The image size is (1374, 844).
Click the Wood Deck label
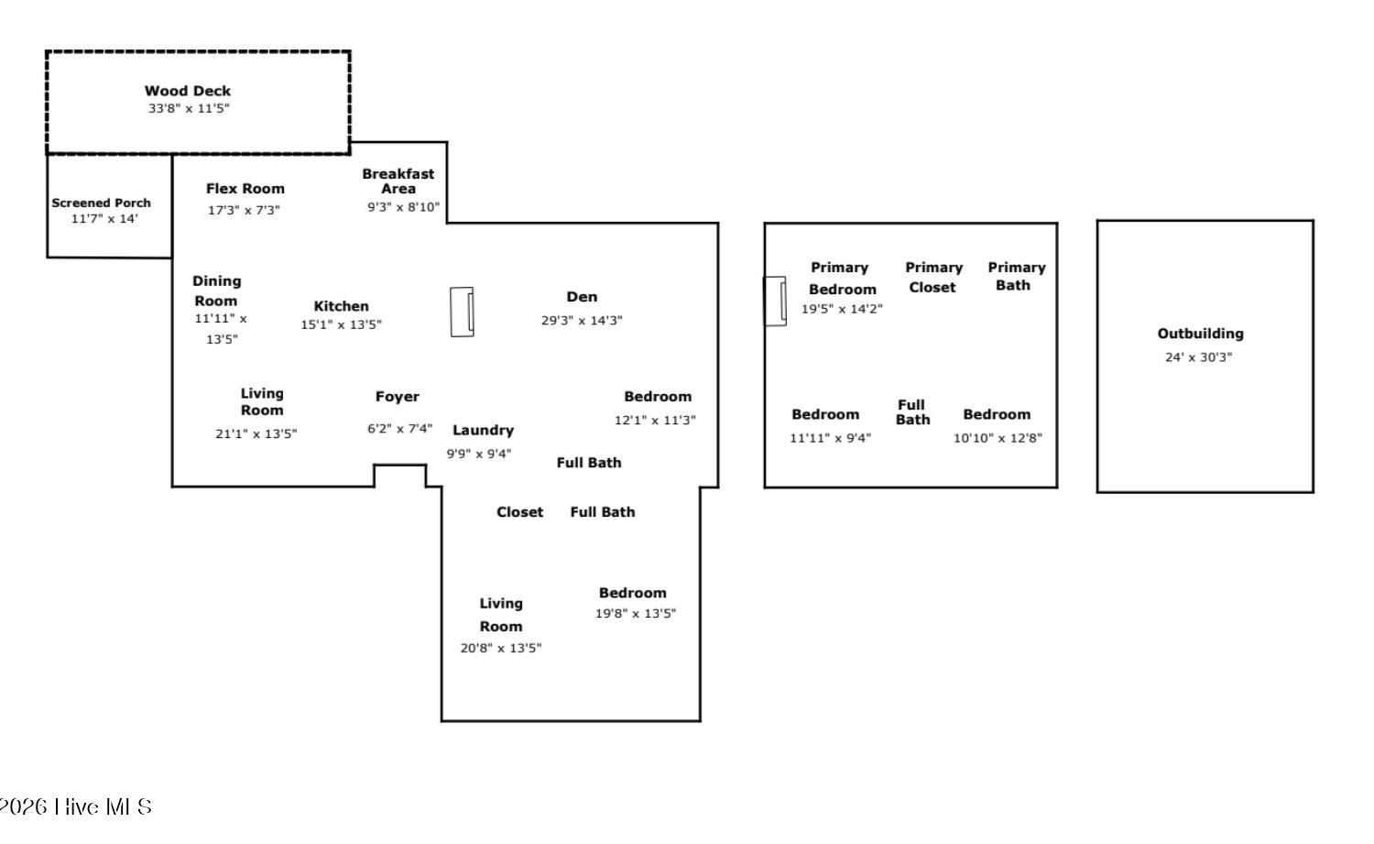pyautogui.click(x=188, y=91)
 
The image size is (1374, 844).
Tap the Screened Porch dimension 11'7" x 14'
pyautogui.click(x=104, y=218)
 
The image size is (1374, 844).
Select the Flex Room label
pyautogui.click(x=245, y=189)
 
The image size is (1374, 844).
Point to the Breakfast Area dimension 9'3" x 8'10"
pyautogui.click(x=404, y=207)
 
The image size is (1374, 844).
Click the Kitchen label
pyautogui.click(x=341, y=306)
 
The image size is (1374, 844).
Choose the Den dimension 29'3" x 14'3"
pyautogui.click(x=582, y=321)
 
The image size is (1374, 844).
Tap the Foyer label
pyautogui.click(x=398, y=397)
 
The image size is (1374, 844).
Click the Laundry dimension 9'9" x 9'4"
pyautogui.click(x=478, y=454)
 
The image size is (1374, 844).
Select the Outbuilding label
pyautogui.click(x=1200, y=334)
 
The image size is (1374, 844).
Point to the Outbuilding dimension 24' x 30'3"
pyautogui.click(x=1198, y=357)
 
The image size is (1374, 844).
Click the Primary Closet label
pyautogui.click(x=933, y=278)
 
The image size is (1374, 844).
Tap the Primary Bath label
pyautogui.click(x=1017, y=276)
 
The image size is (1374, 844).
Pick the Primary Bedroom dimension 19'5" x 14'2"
pyautogui.click(x=842, y=309)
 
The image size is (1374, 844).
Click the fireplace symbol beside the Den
pyautogui.click(x=462, y=312)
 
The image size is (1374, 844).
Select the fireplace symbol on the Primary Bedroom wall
pyautogui.click(x=775, y=301)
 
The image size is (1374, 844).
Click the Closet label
pyautogui.click(x=519, y=512)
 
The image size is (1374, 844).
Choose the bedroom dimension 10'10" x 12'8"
pyautogui.click(x=998, y=438)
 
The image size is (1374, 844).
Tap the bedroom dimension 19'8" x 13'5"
pyautogui.click(x=636, y=613)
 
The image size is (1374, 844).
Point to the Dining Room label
pyautogui.click(x=216, y=290)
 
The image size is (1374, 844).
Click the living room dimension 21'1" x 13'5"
pyautogui.click(x=256, y=434)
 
